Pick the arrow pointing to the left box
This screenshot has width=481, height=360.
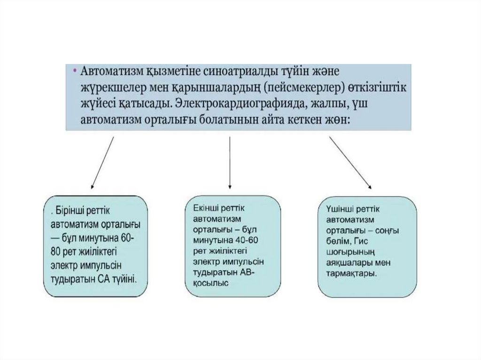(x=102, y=162)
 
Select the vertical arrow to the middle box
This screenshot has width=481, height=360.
(x=229, y=162)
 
